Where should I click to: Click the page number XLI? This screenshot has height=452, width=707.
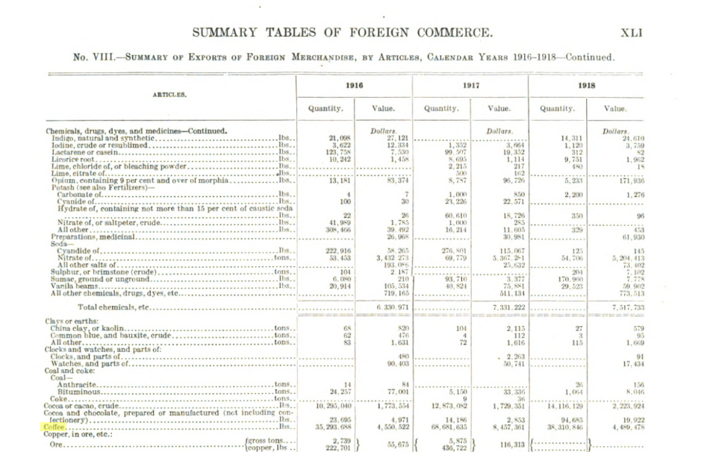click(631, 33)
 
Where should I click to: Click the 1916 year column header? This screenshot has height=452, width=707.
click(354, 86)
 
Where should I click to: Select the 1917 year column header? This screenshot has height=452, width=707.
click(470, 86)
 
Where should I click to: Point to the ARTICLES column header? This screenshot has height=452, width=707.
click(169, 95)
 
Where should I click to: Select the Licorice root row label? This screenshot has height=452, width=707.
click(73, 159)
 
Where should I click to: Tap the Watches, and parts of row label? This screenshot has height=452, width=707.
click(90, 363)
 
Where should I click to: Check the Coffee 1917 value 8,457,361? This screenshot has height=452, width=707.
click(506, 428)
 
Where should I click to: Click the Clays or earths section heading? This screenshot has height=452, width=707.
click(76, 321)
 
